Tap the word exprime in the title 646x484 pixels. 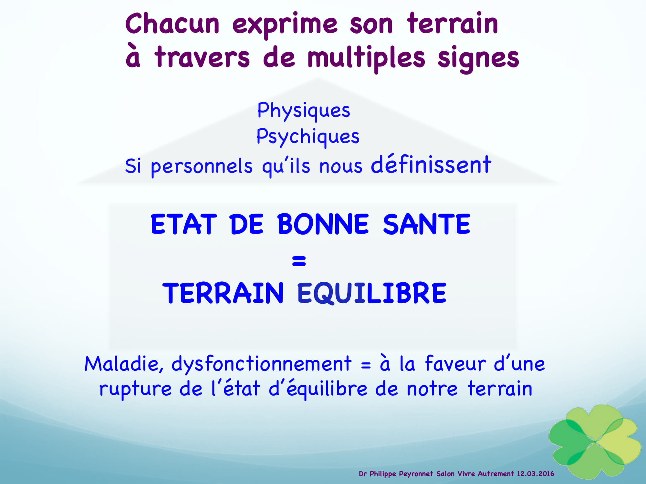(285, 25)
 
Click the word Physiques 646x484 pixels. (303, 111)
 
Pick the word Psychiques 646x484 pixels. (307, 137)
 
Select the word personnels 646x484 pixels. (202, 167)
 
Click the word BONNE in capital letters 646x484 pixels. (323, 224)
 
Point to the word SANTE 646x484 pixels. (426, 224)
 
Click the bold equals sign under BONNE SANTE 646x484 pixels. (299, 261)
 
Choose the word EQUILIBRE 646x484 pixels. (371, 293)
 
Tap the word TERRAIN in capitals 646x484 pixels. (223, 293)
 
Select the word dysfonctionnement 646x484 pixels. (261, 365)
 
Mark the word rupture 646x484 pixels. (135, 389)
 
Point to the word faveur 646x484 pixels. (455, 363)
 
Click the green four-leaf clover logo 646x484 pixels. (595, 441)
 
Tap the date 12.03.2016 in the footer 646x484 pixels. (535, 474)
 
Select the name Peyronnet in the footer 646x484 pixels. (416, 474)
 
